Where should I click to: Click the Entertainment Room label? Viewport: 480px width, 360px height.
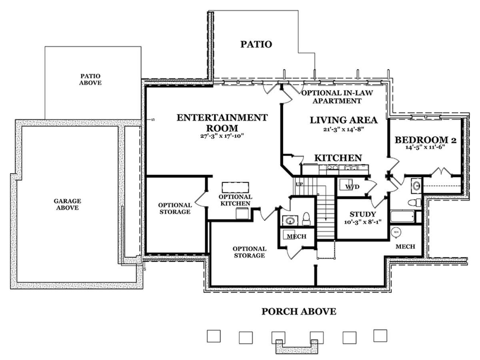222,123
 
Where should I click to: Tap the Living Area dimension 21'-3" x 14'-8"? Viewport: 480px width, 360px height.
344,129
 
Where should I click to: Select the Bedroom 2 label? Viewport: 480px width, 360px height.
426,140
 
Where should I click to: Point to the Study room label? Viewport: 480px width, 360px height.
362,214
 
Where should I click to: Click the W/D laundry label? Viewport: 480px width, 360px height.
352,187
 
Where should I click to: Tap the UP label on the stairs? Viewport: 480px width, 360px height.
299,184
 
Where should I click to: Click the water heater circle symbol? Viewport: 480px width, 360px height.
396,232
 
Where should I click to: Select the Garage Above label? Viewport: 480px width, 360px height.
67,204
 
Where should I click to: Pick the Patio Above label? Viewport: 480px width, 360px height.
90,79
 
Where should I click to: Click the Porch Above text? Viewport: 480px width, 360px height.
299,312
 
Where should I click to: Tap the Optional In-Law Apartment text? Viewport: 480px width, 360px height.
337,97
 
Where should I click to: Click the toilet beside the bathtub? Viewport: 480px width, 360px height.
414,202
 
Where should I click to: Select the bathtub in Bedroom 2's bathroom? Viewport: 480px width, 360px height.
402,216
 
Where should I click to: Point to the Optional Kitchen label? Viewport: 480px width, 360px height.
235,200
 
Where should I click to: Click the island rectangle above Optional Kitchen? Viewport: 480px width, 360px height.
235,187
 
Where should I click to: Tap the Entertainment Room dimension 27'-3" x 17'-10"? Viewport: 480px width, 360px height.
222,136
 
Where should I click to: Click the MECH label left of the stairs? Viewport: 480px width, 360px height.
296,236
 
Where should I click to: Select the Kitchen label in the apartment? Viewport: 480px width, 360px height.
338,158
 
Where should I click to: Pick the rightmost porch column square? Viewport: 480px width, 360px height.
380,336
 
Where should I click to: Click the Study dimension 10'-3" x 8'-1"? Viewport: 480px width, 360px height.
362,222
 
